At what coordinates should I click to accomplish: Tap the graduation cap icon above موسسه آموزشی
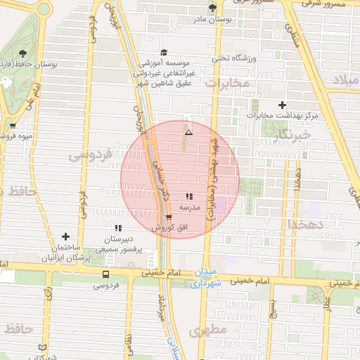pos(165,52)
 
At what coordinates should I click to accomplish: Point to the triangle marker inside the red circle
pos(188,132)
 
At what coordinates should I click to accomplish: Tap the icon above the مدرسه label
pos(189,196)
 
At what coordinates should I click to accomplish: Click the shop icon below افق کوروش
pos(169,217)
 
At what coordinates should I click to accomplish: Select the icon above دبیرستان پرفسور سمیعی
pos(118,228)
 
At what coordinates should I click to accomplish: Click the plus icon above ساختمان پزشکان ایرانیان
pos(66,237)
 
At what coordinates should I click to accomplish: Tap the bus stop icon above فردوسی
pos(105,274)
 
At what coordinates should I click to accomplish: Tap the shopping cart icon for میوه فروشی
pos(13,126)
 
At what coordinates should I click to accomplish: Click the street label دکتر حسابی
pos(161,184)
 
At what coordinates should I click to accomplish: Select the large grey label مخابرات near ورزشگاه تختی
pos(226,83)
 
